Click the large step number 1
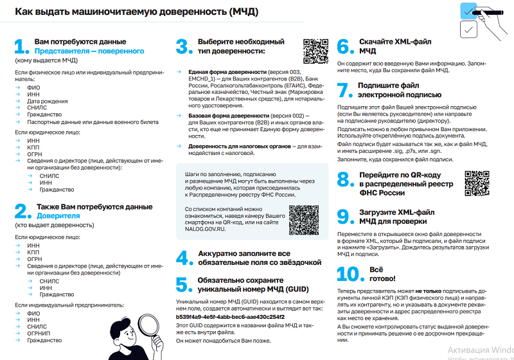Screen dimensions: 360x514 point(21,46)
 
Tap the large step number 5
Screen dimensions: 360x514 point(184,285)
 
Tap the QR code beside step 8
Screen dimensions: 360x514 point(477,183)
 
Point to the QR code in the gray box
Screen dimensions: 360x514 point(303,220)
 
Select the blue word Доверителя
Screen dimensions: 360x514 point(58,216)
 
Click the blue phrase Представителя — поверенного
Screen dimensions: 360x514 point(89,50)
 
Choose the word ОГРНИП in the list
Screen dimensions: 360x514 point(40,334)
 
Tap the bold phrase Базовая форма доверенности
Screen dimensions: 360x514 point(227,114)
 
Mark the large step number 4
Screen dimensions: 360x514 point(184,258)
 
